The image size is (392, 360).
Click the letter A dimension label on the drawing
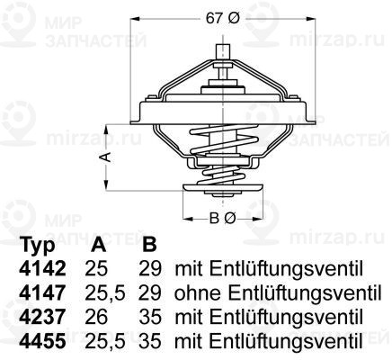tap(105, 157)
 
